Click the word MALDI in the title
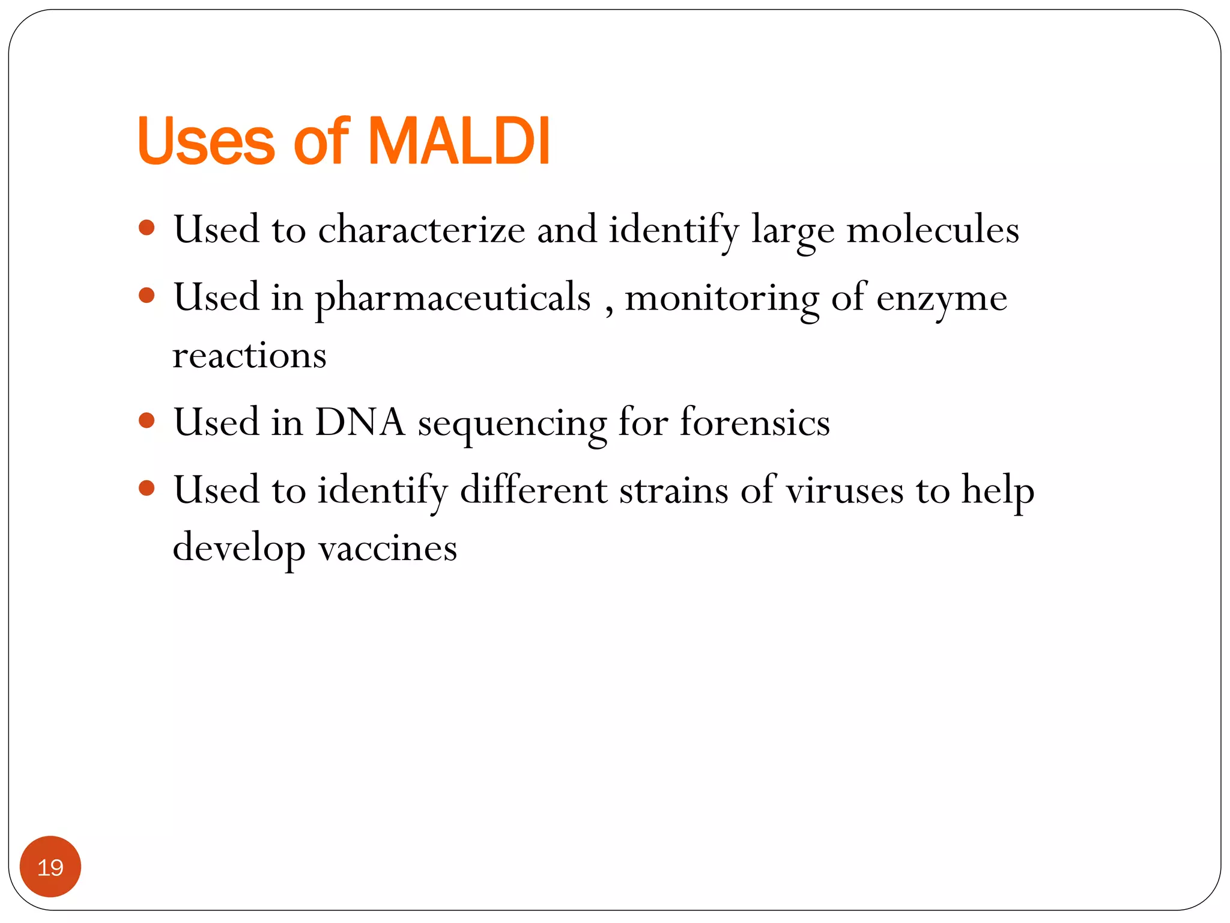[x=458, y=141]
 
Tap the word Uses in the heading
[x=206, y=141]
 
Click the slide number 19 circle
[x=50, y=867]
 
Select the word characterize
[x=421, y=230]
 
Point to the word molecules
[x=932, y=230]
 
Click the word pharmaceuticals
[x=453, y=298]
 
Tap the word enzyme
[x=941, y=298]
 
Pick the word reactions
[x=249, y=355]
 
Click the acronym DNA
[x=360, y=422]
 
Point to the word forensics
[x=754, y=422]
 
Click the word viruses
[x=844, y=490]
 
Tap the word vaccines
[x=387, y=548]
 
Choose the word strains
[x=674, y=490]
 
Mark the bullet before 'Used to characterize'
[x=147, y=228]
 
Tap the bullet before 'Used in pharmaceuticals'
[x=147, y=295]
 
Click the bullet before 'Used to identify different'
[x=147, y=487]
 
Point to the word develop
[x=238, y=548]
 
